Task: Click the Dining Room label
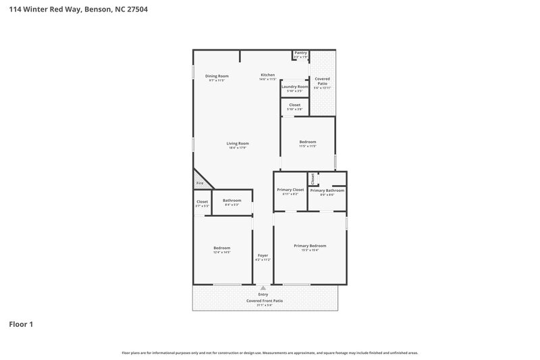[217, 76]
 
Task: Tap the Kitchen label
[268, 74]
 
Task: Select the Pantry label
[300, 53]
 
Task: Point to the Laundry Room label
[294, 86]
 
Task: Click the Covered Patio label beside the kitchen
[322, 81]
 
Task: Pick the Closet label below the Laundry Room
[294, 105]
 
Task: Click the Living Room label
[238, 143]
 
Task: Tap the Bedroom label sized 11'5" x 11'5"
[308, 142]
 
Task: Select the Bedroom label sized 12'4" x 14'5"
[222, 248]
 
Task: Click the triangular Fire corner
[199, 183]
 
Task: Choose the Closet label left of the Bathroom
[202, 201]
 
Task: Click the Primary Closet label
[290, 190]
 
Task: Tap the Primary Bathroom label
[327, 190]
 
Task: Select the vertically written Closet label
[313, 178]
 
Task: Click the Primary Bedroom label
[310, 245]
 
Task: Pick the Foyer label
[263, 255]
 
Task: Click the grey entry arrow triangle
[263, 288]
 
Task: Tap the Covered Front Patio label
[264, 301]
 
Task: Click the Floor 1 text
[21, 324]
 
